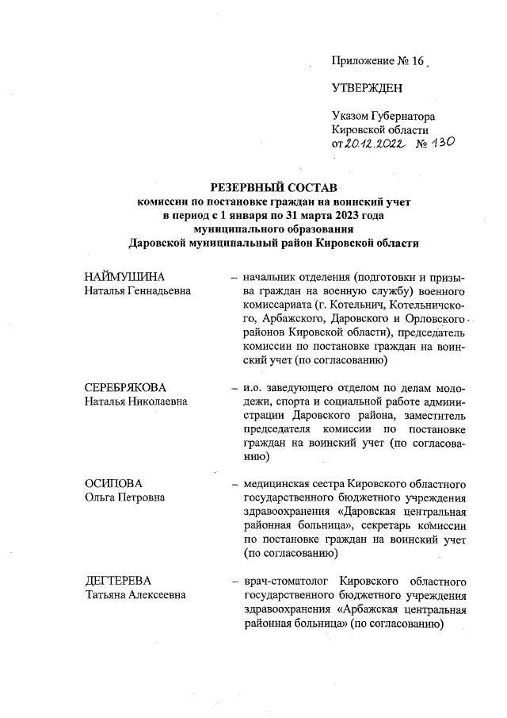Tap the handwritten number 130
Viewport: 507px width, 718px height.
click(x=438, y=144)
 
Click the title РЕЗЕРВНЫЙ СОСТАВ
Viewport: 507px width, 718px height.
click(x=273, y=187)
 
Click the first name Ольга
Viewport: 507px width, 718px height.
click(x=101, y=497)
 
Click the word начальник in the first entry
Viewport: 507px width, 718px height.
click(x=271, y=277)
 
